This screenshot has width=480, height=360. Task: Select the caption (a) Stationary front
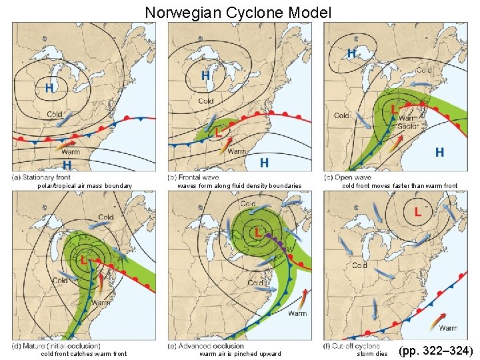[x=41, y=177]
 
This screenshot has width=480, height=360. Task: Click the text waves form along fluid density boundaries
[x=239, y=186]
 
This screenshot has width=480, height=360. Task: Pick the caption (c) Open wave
[x=347, y=177]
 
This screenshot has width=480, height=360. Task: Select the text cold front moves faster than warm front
[x=399, y=186]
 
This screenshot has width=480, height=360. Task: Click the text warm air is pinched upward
[x=240, y=354]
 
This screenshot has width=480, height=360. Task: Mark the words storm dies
[x=372, y=354]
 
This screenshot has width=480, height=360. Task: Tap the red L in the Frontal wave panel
[x=219, y=133]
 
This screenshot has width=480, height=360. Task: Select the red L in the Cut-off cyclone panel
[x=417, y=212]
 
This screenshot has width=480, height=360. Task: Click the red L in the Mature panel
[x=84, y=259]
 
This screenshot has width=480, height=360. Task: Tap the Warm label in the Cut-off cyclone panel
[x=448, y=328]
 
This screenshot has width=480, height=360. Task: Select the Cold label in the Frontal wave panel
[x=206, y=101]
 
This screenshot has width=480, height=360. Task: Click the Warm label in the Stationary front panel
[x=71, y=153]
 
